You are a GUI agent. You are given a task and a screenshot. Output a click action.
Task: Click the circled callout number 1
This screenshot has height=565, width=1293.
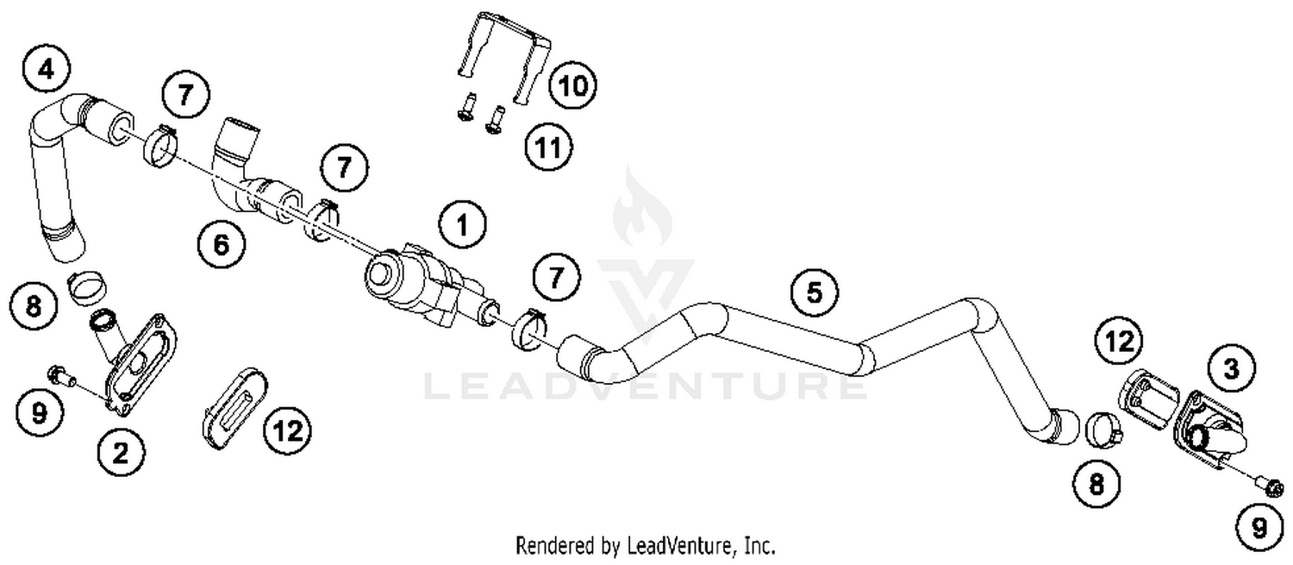(461, 226)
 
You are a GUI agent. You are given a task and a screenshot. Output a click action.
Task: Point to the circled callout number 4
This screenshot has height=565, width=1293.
(46, 68)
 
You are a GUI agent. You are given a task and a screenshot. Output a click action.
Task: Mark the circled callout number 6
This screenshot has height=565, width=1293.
(221, 246)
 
